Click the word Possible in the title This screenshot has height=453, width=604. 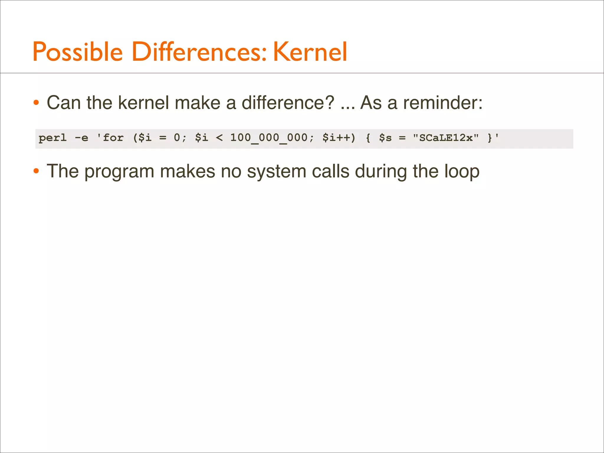[78, 52]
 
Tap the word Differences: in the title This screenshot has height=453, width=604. [199, 52]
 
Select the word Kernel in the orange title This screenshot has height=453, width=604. [310, 52]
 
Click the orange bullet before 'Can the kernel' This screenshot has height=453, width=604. [36, 103]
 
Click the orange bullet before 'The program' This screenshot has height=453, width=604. [36, 171]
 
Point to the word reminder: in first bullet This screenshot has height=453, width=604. [443, 103]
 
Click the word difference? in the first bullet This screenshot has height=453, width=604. [288, 103]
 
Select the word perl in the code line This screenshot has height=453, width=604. [53, 138]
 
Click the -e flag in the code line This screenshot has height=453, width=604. [81, 138]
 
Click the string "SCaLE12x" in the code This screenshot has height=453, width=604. [446, 138]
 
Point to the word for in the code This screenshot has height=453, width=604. [113, 138]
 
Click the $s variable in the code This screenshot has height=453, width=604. [385, 138]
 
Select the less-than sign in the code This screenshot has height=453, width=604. [219, 138]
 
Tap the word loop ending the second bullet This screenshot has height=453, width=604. [462, 172]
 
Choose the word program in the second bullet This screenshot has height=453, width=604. [119, 172]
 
